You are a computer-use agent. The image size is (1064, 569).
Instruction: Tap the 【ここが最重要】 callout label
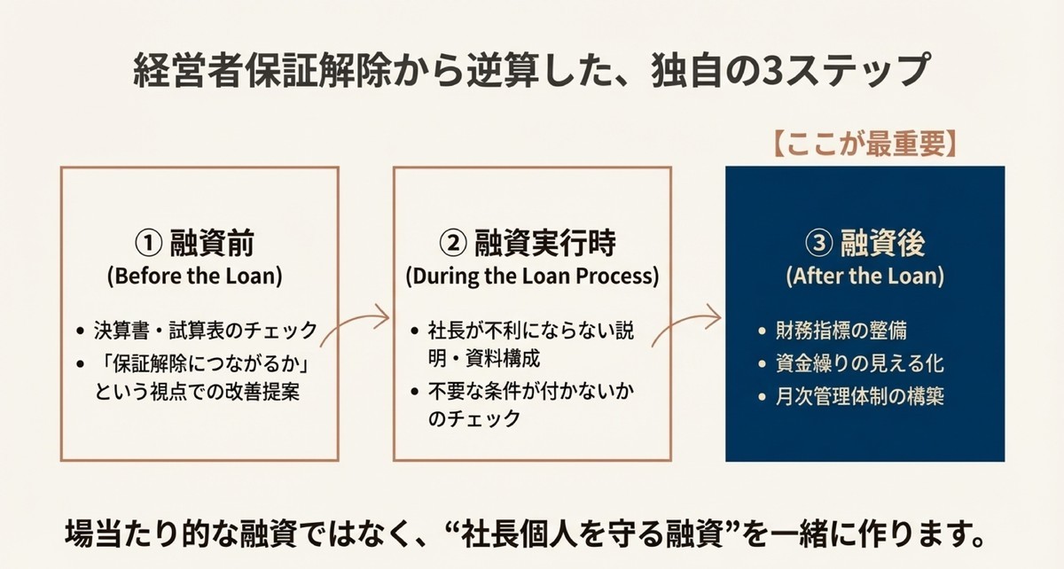tap(864, 143)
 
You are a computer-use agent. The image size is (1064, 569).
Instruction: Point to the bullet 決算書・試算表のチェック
tap(204, 331)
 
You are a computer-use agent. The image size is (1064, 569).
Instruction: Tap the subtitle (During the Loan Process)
tap(532, 276)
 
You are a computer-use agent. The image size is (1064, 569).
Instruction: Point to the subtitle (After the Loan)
tap(864, 276)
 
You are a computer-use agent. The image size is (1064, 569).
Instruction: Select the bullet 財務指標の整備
tap(838, 331)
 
